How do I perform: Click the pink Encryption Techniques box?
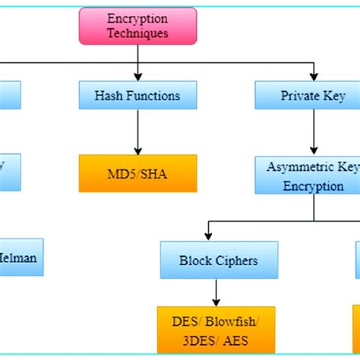coord(137,25)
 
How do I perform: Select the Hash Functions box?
coord(137,95)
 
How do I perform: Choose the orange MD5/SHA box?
coord(137,173)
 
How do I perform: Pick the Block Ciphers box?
coord(219,260)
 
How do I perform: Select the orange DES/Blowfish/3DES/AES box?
coord(216,330)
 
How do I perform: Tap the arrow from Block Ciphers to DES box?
coord(216,292)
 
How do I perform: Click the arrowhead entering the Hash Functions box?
coord(137,77)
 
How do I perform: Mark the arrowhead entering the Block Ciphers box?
coord(208,237)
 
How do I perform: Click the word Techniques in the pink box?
coord(137,33)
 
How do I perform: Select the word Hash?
coord(109,96)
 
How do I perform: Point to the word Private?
coord(300,96)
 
